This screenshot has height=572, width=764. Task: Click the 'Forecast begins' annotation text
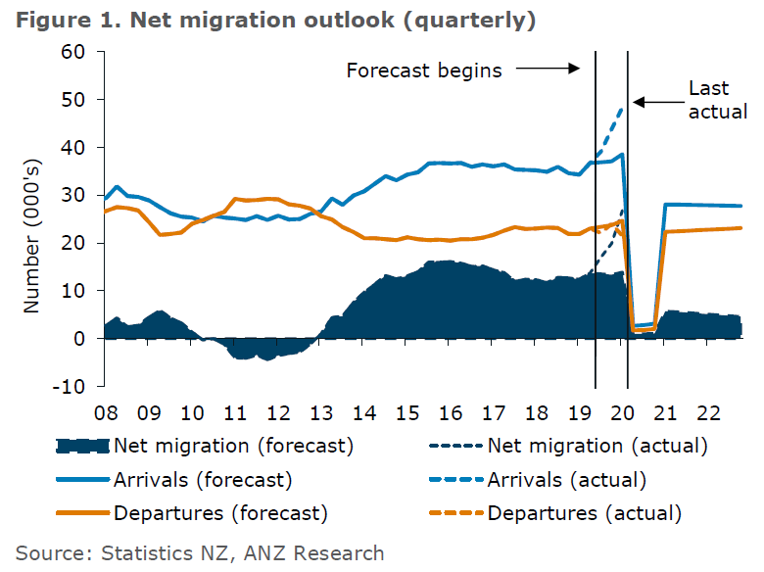[424, 71]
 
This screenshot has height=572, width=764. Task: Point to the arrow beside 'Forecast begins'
[548, 70]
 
